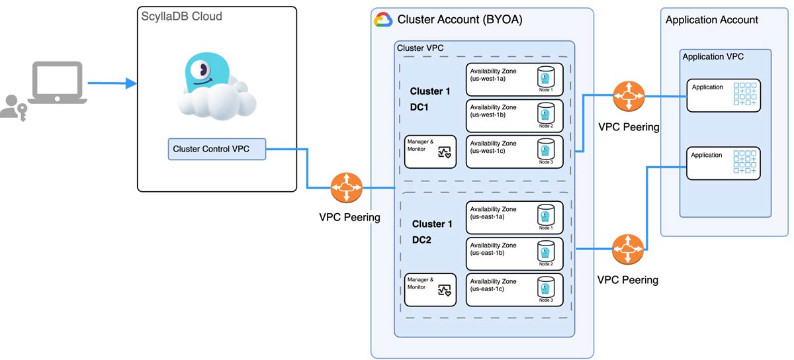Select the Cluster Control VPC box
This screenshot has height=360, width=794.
coord(216,149)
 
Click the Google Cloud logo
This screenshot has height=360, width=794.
coord(383,20)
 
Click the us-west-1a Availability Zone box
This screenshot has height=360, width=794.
coord(515,79)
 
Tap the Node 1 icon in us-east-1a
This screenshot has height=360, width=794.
coord(545,215)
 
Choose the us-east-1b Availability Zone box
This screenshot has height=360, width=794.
coord(515,253)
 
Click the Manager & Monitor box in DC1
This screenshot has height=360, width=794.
coord(430,152)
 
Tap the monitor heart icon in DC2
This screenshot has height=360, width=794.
coord(444,291)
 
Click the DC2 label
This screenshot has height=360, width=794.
coord(421,240)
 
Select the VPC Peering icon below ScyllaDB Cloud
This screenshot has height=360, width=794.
coord(346,189)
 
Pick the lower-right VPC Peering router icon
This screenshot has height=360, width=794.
coord(625,250)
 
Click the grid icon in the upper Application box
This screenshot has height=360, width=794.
coord(745,94)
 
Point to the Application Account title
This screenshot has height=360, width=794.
coord(712,20)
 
